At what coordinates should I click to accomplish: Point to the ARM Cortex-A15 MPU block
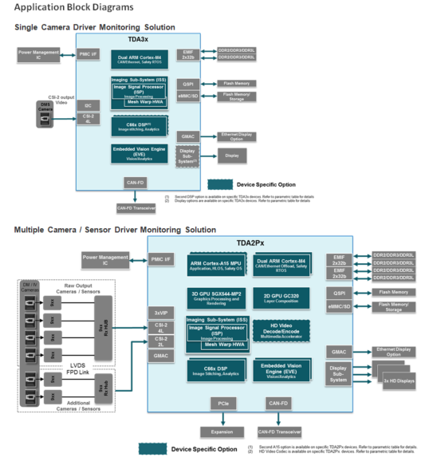coord(216,266)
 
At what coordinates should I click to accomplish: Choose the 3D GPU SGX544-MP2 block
coord(216,299)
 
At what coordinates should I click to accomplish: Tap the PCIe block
coord(222,404)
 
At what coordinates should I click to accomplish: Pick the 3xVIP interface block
coord(161,312)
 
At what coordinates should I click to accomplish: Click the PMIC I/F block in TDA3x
coord(88,54)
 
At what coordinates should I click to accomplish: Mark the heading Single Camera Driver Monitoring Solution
coord(94,27)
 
